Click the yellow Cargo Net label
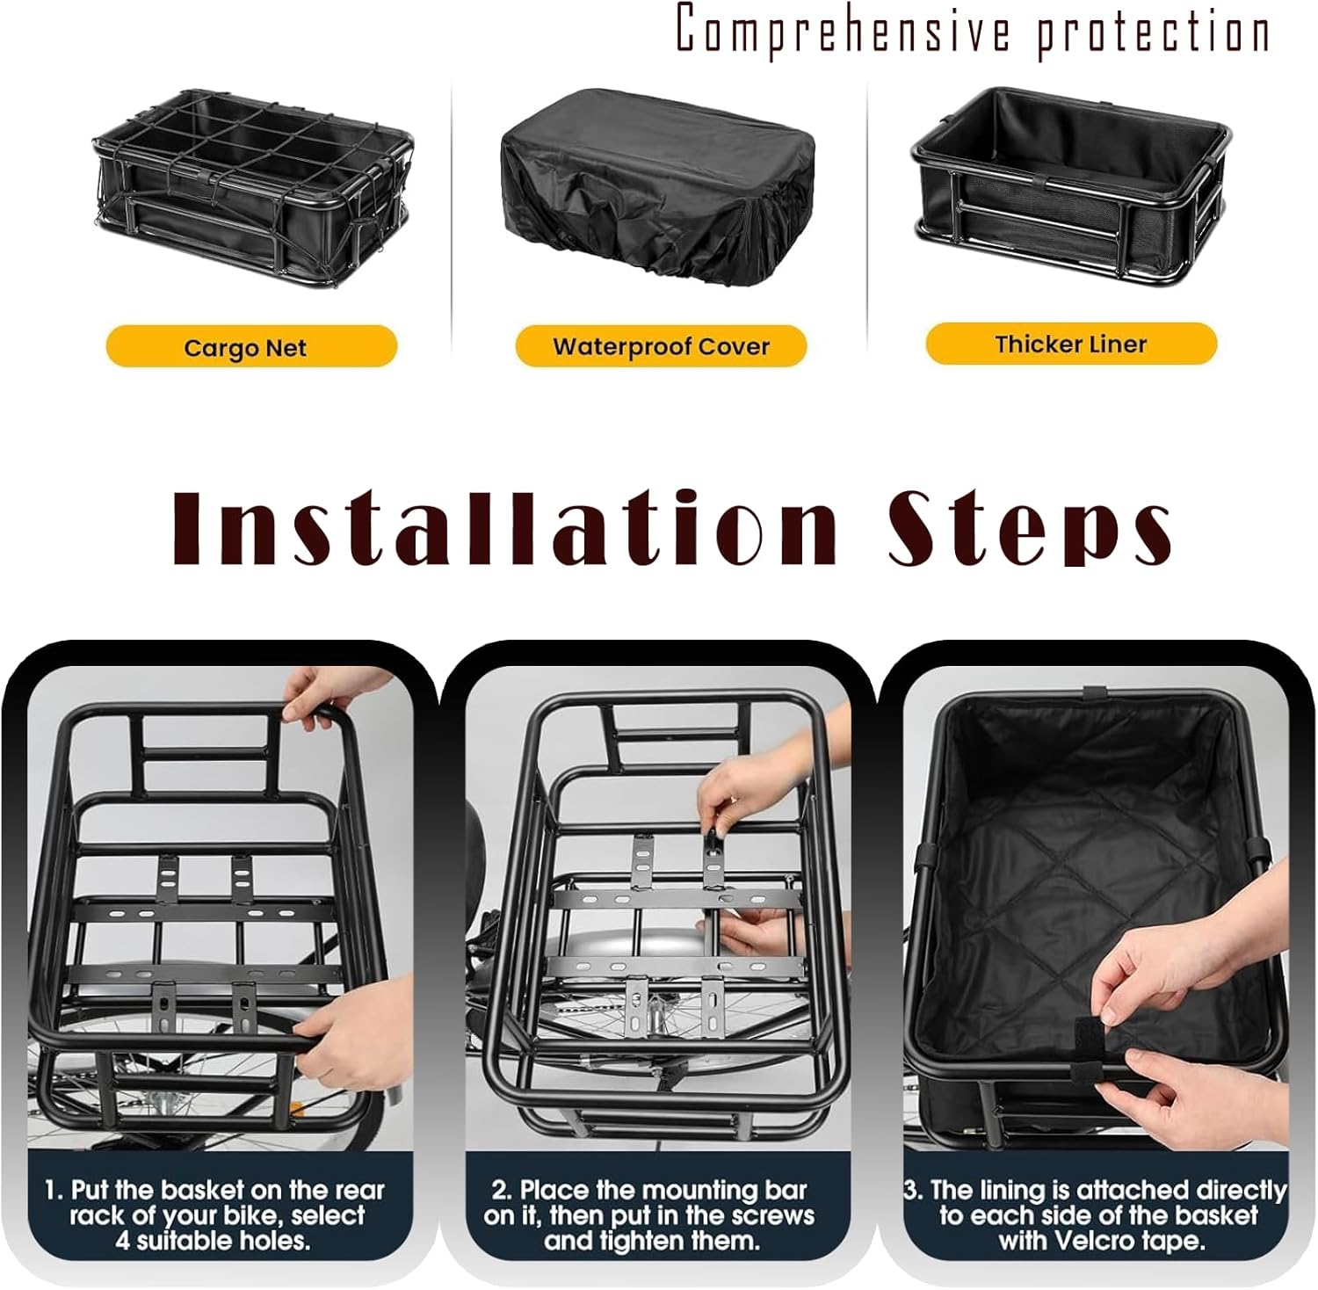point(251,347)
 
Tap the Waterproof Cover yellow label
point(661,346)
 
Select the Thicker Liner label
point(1071,344)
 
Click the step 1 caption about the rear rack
point(215,1215)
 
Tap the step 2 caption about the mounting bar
point(649,1215)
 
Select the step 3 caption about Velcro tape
point(1096,1215)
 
